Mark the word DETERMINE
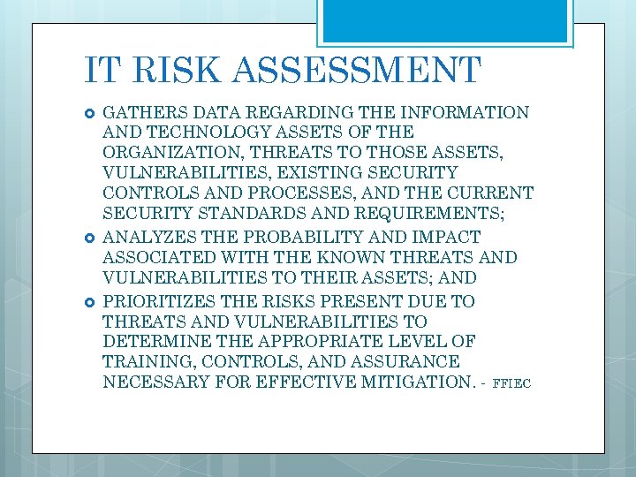click(155, 342)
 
